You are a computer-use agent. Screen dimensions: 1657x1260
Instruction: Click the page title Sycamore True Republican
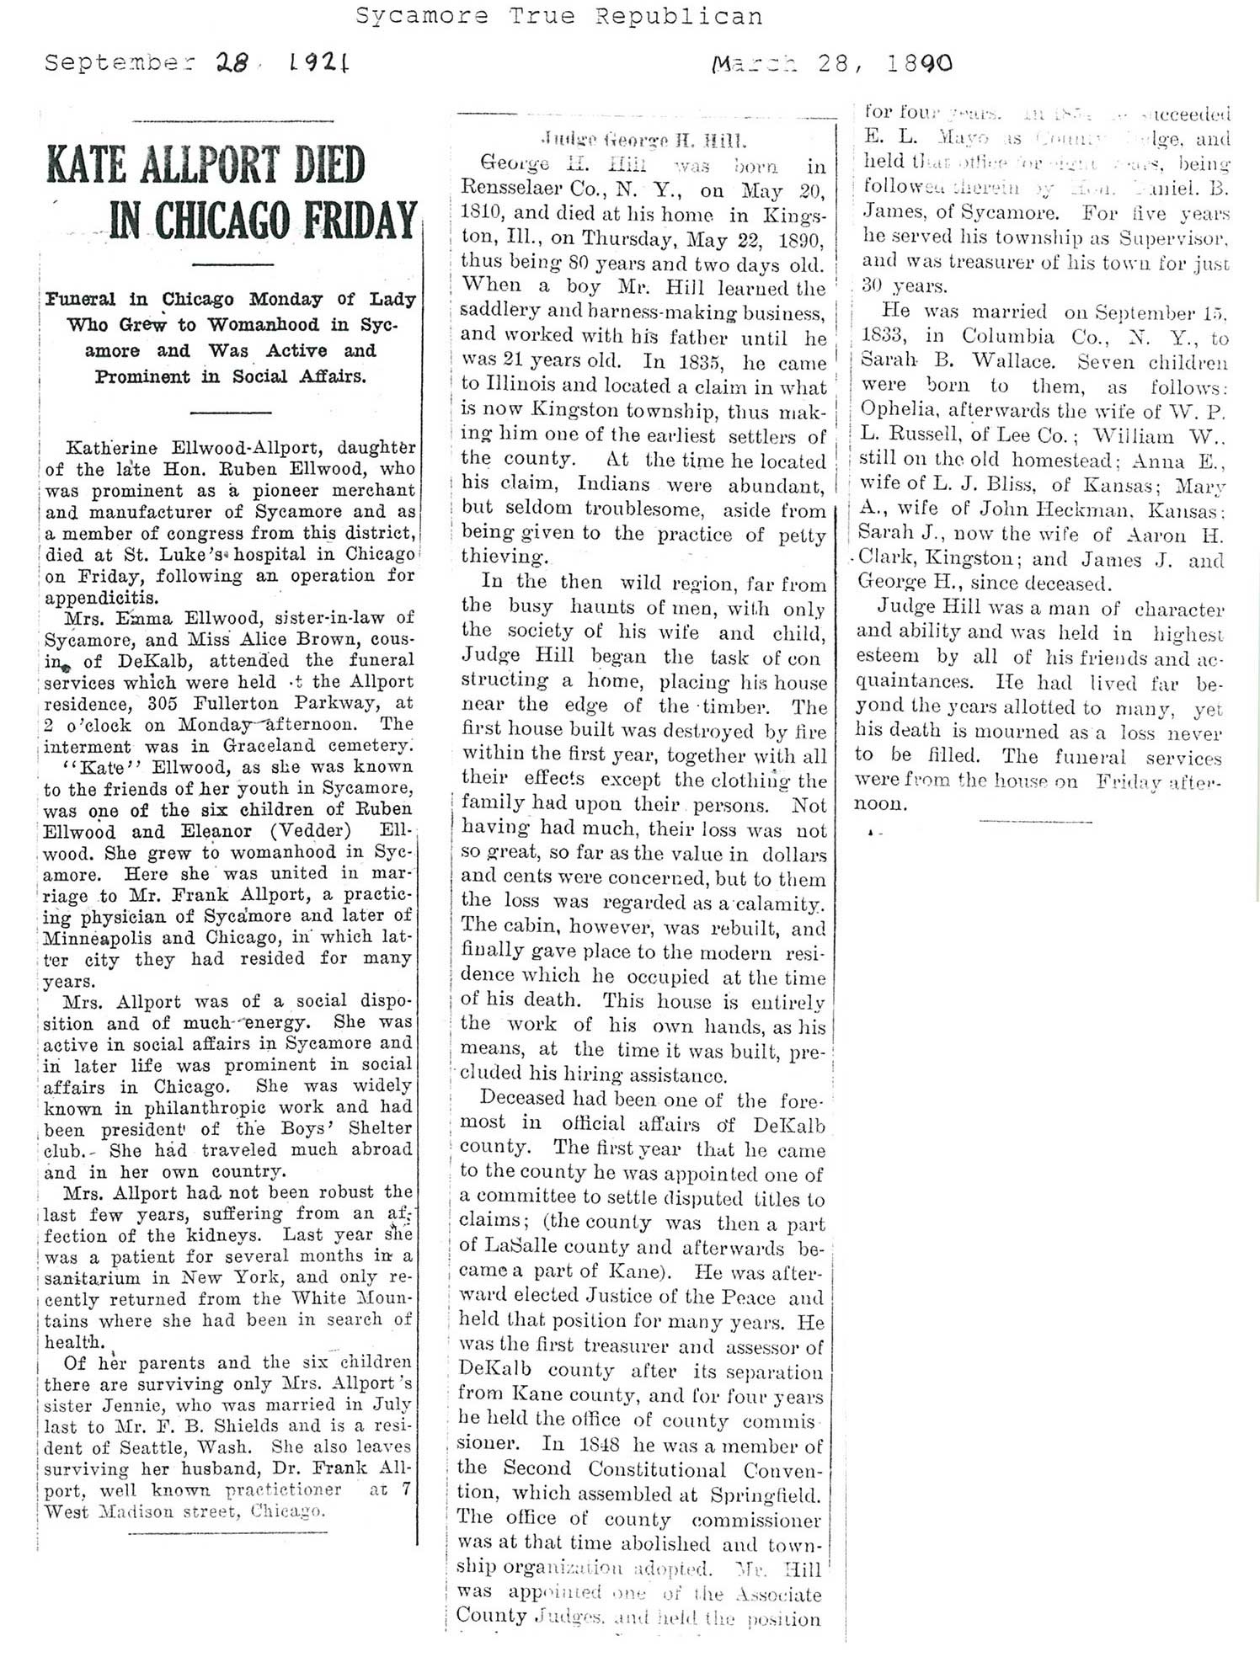click(x=558, y=16)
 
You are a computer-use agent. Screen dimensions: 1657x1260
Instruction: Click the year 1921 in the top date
click(x=320, y=63)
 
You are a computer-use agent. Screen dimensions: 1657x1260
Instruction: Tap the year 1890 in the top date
click(x=920, y=63)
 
